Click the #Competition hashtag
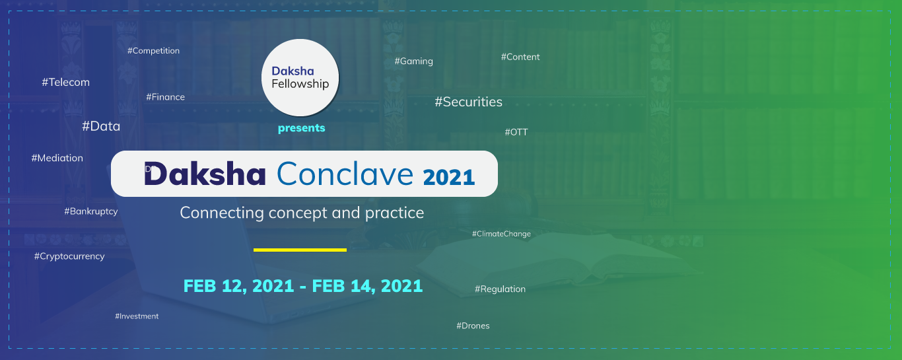tap(153, 51)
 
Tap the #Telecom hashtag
tap(65, 82)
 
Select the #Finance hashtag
tap(166, 97)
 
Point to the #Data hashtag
tap(101, 126)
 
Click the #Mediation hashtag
tap(57, 158)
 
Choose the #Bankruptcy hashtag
tap(91, 211)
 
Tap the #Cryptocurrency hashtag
tap(69, 256)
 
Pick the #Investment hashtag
tap(137, 316)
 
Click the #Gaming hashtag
tap(413, 61)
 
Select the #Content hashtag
tap(520, 57)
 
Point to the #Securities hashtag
tap(468, 102)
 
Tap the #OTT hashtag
tap(516, 132)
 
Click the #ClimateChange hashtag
tap(501, 234)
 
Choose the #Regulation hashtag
tap(500, 289)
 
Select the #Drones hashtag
tap(473, 326)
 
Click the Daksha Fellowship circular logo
tap(300, 78)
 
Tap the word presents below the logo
tap(301, 128)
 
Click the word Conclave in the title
tap(345, 174)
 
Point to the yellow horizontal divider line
tap(300, 250)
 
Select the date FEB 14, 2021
tap(367, 286)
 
